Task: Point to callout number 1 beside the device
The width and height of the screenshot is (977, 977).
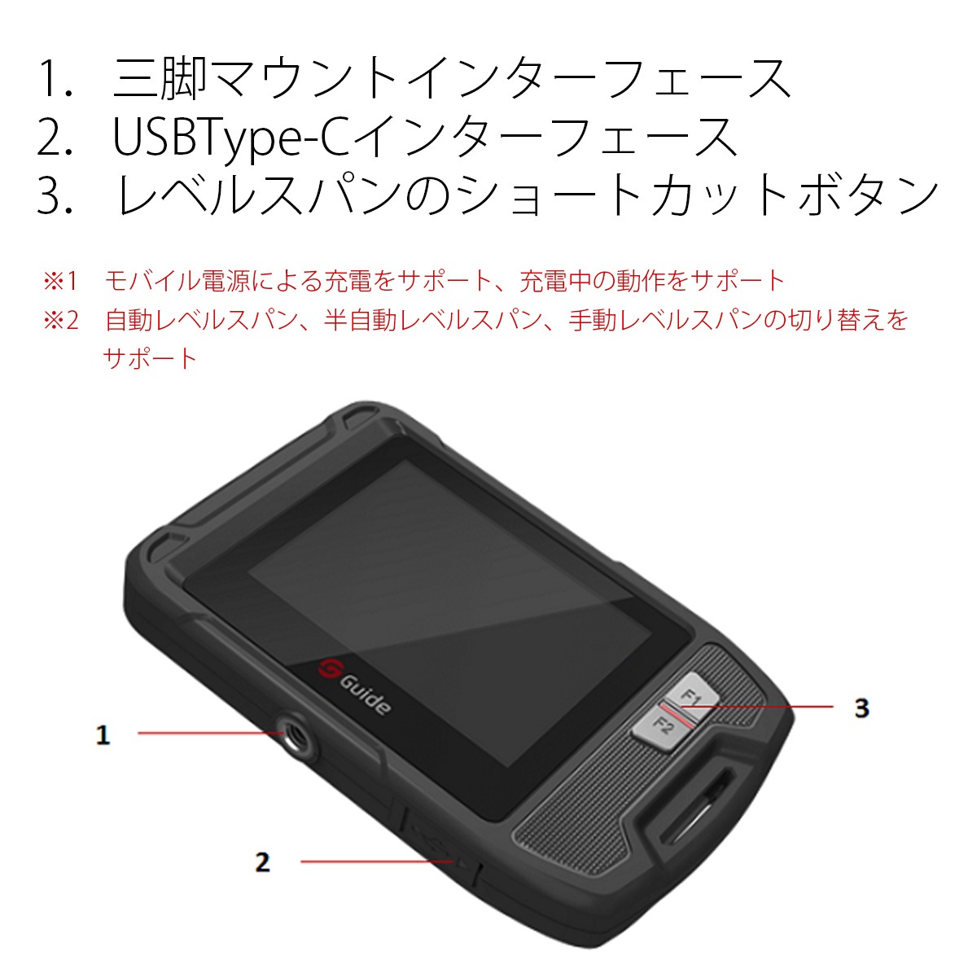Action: (x=103, y=735)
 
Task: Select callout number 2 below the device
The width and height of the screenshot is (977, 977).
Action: (x=262, y=861)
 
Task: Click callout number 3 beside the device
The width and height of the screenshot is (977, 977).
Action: (x=861, y=708)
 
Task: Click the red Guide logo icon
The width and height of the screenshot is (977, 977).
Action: (x=331, y=669)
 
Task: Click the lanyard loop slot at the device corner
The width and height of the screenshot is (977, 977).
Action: (x=692, y=806)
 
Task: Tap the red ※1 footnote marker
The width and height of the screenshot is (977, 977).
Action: (x=60, y=282)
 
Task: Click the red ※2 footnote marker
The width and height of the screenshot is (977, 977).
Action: (x=60, y=320)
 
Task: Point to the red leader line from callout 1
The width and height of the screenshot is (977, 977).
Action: (x=208, y=733)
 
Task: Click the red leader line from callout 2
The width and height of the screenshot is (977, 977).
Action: (x=375, y=861)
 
